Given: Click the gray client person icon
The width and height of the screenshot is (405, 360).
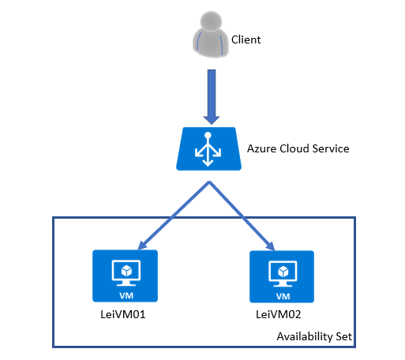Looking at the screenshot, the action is (211, 34).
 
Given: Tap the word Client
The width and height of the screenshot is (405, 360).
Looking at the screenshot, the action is (246, 39).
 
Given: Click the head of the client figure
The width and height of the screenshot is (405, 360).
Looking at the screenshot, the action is (211, 21).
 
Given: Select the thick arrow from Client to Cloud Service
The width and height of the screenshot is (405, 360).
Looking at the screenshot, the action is (212, 97).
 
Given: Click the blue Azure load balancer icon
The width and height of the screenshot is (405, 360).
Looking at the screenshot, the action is (208, 149).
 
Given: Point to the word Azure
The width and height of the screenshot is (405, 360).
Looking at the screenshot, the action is (261, 148).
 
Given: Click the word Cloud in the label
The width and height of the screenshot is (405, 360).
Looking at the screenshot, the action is (294, 148).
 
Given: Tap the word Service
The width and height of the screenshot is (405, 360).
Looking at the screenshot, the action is (331, 148).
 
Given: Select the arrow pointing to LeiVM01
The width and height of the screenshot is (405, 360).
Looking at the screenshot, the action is (174, 216).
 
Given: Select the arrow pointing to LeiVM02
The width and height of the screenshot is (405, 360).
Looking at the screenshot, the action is (242, 216).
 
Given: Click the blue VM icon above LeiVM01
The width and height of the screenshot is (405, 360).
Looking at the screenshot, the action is (125, 276).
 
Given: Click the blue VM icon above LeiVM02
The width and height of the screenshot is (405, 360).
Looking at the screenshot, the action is (282, 276).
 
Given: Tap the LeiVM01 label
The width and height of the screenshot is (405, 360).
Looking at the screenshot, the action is (123, 314).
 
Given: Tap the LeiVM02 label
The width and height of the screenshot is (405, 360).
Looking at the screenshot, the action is (279, 314).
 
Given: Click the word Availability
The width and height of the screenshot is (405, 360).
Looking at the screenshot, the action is (305, 337).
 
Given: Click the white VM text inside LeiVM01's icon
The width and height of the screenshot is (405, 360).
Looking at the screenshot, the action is (126, 296).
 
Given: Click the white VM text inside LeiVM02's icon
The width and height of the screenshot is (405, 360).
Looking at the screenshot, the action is (283, 297).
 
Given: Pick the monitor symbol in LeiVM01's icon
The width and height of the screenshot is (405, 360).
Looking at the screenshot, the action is (126, 273).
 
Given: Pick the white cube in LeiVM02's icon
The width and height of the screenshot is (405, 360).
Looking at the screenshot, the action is (283, 272).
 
